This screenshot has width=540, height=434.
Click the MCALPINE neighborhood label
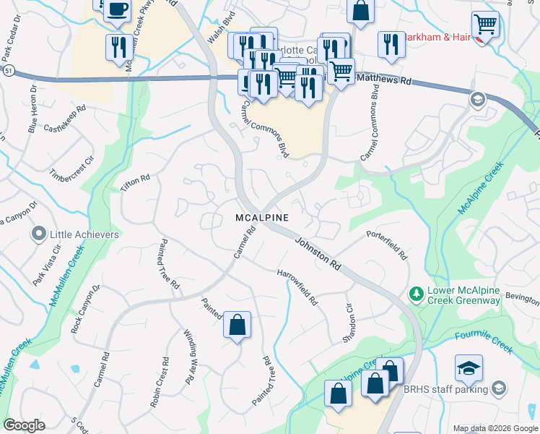click(x=262, y=218)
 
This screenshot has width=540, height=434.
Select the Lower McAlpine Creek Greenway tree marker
click(x=416, y=294)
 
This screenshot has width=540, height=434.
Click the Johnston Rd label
click(x=318, y=252)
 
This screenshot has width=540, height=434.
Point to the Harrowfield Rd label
click(x=298, y=287)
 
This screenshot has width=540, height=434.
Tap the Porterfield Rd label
click(x=386, y=245)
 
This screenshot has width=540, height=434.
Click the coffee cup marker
click(x=117, y=9)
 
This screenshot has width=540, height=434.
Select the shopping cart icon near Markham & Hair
click(x=485, y=25)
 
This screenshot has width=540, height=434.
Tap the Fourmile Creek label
click(x=484, y=342)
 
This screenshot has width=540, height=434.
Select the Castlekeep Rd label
click(x=65, y=119)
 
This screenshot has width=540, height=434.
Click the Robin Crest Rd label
click(x=159, y=383)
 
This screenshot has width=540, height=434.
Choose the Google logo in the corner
click(x=24, y=425)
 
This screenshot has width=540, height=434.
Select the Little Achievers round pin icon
click(x=38, y=234)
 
